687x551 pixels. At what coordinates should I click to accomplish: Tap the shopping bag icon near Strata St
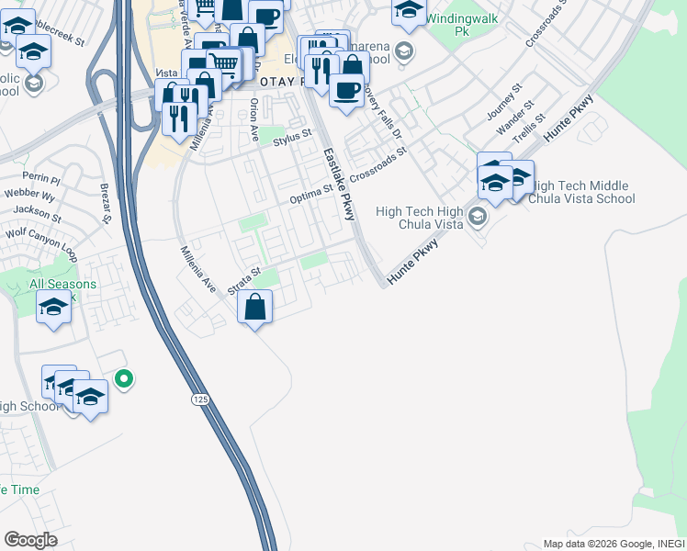[256, 307]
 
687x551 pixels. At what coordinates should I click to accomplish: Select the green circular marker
[124, 377]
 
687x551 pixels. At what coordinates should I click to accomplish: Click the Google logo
[30, 539]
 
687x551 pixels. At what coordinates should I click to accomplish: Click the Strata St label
[245, 279]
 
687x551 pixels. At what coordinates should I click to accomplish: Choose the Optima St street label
[310, 194]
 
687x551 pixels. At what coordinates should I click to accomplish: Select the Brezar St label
[106, 203]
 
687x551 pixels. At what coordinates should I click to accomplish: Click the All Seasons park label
[62, 285]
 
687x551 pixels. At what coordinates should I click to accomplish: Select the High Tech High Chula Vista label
[419, 218]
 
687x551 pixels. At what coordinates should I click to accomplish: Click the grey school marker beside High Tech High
[477, 218]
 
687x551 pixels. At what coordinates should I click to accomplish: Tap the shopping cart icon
[225, 62]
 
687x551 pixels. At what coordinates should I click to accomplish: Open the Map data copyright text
[612, 544]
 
